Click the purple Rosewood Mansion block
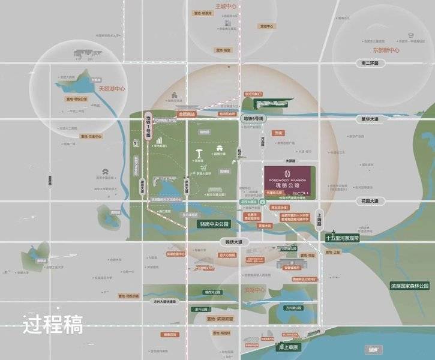[292, 178]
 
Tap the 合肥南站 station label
[187, 113]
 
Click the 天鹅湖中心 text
[111, 89]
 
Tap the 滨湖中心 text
[254, 290]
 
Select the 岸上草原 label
[287, 346]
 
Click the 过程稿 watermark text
[53, 325]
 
